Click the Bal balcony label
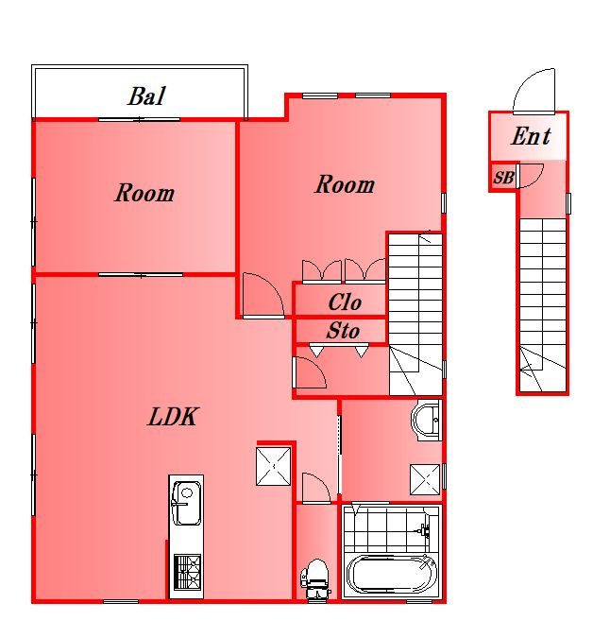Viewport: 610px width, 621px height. (x=146, y=96)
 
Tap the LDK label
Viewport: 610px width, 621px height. (x=173, y=417)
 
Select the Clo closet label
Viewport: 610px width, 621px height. (x=345, y=302)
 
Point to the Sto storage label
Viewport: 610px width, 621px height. (x=343, y=330)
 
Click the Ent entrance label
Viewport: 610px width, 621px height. (x=531, y=136)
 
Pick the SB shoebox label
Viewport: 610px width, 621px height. (x=503, y=178)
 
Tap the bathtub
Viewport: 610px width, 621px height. (x=391, y=575)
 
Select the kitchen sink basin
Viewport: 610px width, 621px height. (x=186, y=503)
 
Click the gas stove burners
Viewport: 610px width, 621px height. (x=188, y=572)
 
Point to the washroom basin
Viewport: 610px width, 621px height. (x=427, y=420)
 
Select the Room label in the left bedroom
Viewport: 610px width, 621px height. (x=144, y=193)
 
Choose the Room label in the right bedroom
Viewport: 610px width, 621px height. (x=345, y=184)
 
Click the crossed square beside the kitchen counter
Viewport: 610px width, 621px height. (x=273, y=467)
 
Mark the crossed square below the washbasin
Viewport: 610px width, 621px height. (x=425, y=479)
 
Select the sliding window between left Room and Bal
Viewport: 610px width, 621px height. (x=139, y=119)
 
